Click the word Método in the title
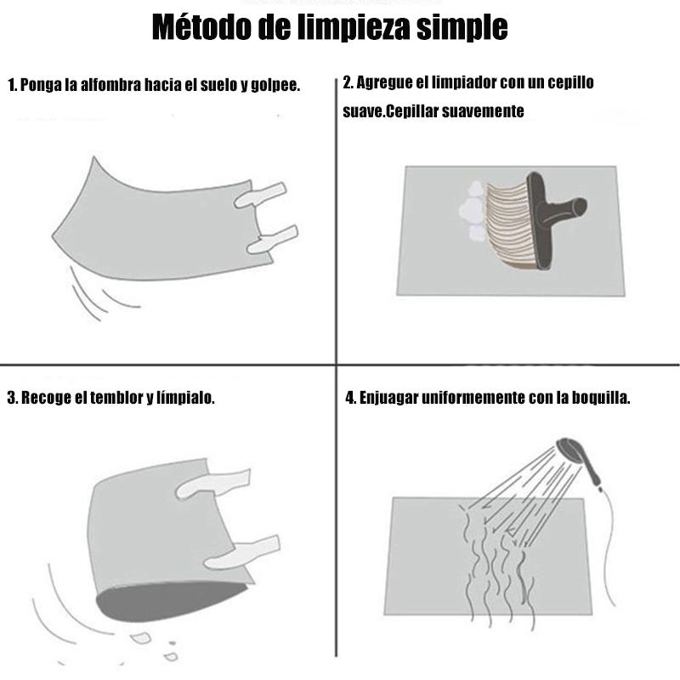(201, 27)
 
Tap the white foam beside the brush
(472, 211)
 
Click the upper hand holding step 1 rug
(260, 195)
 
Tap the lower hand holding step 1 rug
(272, 241)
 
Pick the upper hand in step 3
(213, 484)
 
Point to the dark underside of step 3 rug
(167, 601)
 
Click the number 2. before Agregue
(348, 82)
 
